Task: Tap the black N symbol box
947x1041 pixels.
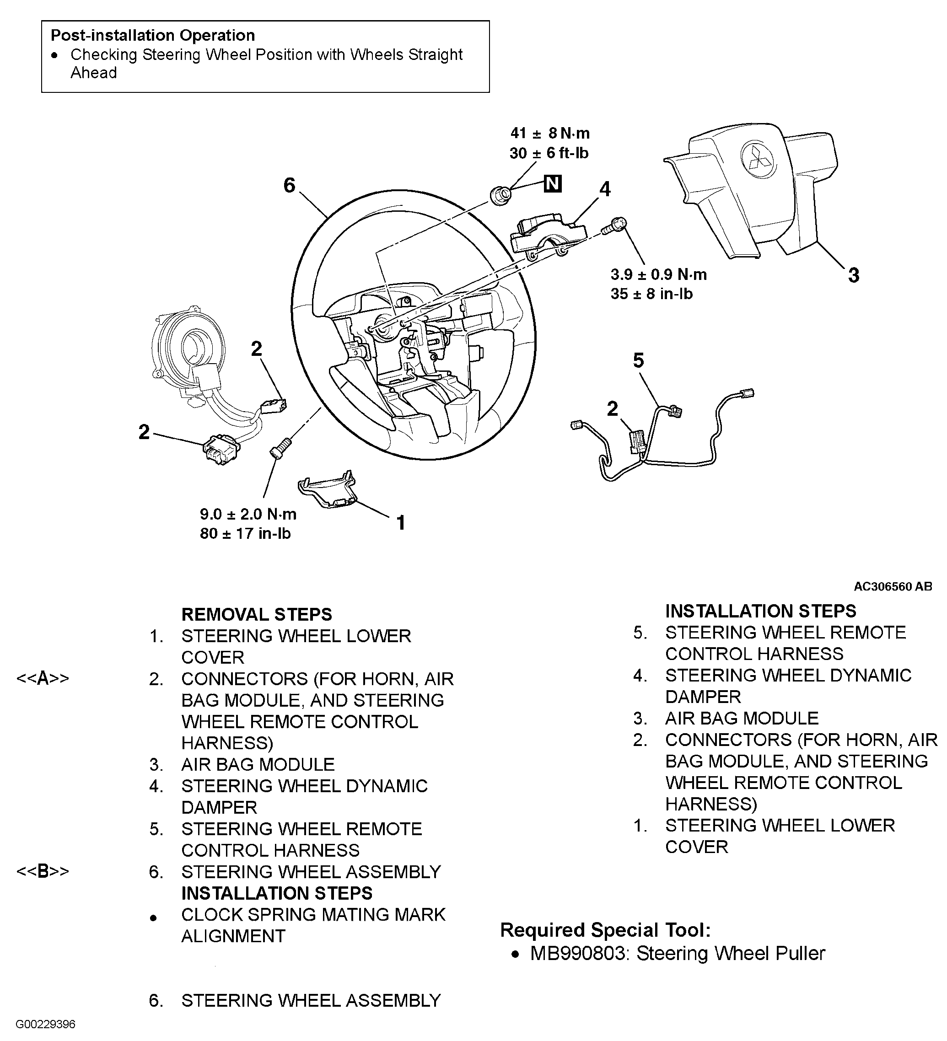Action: (553, 183)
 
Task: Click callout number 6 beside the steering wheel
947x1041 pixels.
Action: (289, 185)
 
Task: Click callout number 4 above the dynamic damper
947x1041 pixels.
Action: (605, 189)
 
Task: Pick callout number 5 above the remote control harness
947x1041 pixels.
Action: (639, 360)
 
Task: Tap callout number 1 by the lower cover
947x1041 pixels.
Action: (401, 523)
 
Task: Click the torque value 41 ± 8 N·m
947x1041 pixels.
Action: (550, 133)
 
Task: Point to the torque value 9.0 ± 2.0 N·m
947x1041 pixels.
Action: (248, 514)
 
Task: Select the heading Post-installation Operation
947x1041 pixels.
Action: (153, 35)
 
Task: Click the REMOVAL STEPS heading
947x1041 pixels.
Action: (257, 614)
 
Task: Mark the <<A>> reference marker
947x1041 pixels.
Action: (43, 678)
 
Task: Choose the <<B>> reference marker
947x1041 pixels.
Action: (43, 871)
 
